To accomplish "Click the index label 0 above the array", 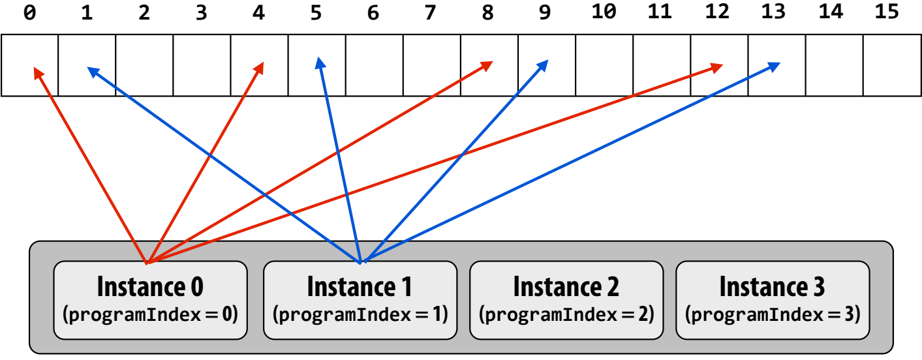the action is [x=29, y=13].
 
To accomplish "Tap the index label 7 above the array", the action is [x=430, y=13].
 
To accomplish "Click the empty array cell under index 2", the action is [x=144, y=65].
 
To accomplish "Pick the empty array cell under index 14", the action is [x=834, y=65].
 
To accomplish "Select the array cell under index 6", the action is [x=374, y=65].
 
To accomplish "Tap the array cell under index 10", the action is [x=604, y=65].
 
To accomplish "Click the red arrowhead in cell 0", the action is [x=38, y=73].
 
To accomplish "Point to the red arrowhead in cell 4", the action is [x=259, y=68].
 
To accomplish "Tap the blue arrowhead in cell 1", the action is [x=93, y=72].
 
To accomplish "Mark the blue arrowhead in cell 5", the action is [x=320, y=63].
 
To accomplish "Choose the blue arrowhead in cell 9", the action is [x=543, y=65].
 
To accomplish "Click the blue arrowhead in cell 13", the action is [x=774, y=67].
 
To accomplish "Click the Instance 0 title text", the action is [x=150, y=286].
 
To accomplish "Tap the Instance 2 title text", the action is [x=566, y=286].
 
